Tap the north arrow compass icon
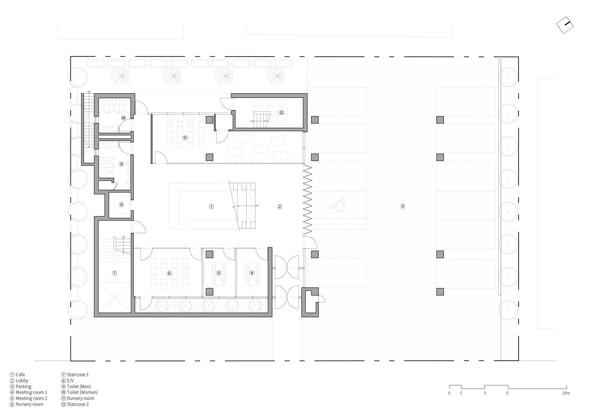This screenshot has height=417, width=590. click(x=565, y=25)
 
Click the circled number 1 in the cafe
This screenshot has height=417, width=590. click(x=211, y=207)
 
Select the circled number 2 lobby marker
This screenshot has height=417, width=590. click(x=280, y=207)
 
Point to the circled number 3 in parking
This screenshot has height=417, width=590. click(x=403, y=206)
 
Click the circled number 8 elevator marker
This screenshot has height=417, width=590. click(x=121, y=204)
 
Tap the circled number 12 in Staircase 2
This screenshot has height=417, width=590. click(x=281, y=113)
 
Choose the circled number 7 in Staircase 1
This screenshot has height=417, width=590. click(x=114, y=273)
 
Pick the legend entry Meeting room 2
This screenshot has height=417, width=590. click(x=31, y=398)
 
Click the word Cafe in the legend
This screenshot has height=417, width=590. click(x=20, y=375)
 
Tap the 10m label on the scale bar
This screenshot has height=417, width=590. click(x=566, y=393)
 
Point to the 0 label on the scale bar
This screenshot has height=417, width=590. click(x=449, y=393)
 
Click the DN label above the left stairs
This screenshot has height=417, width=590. click(x=89, y=92)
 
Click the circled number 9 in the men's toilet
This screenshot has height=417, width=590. click(x=121, y=164)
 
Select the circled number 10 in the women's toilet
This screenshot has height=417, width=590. click(x=123, y=118)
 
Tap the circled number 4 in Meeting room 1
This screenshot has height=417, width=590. click(x=252, y=273)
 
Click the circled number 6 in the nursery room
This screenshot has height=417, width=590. click(x=169, y=273)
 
